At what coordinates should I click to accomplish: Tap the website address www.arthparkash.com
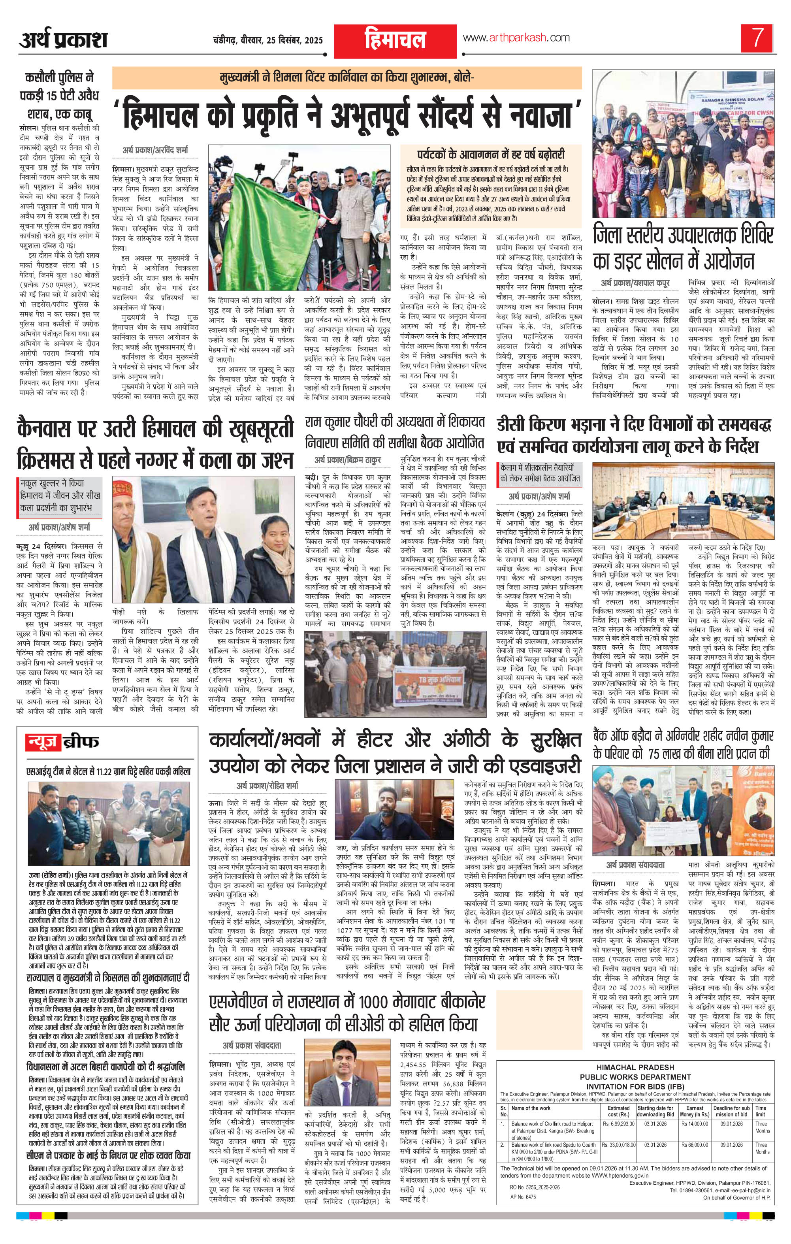[516, 38]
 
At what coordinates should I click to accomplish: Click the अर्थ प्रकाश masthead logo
[64, 40]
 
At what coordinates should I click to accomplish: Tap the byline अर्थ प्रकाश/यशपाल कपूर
[635, 283]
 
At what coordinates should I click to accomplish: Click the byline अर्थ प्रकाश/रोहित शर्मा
[267, 787]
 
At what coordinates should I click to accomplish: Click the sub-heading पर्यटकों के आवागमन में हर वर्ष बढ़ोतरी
[491, 155]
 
